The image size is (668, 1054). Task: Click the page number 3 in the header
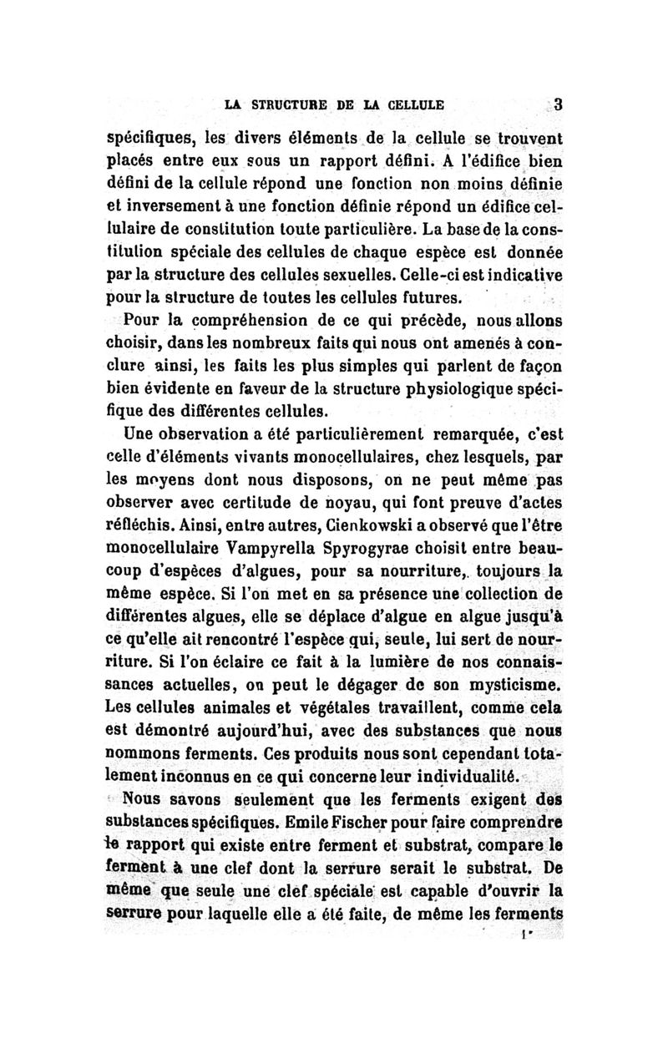559,104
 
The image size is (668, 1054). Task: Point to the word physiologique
468,388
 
